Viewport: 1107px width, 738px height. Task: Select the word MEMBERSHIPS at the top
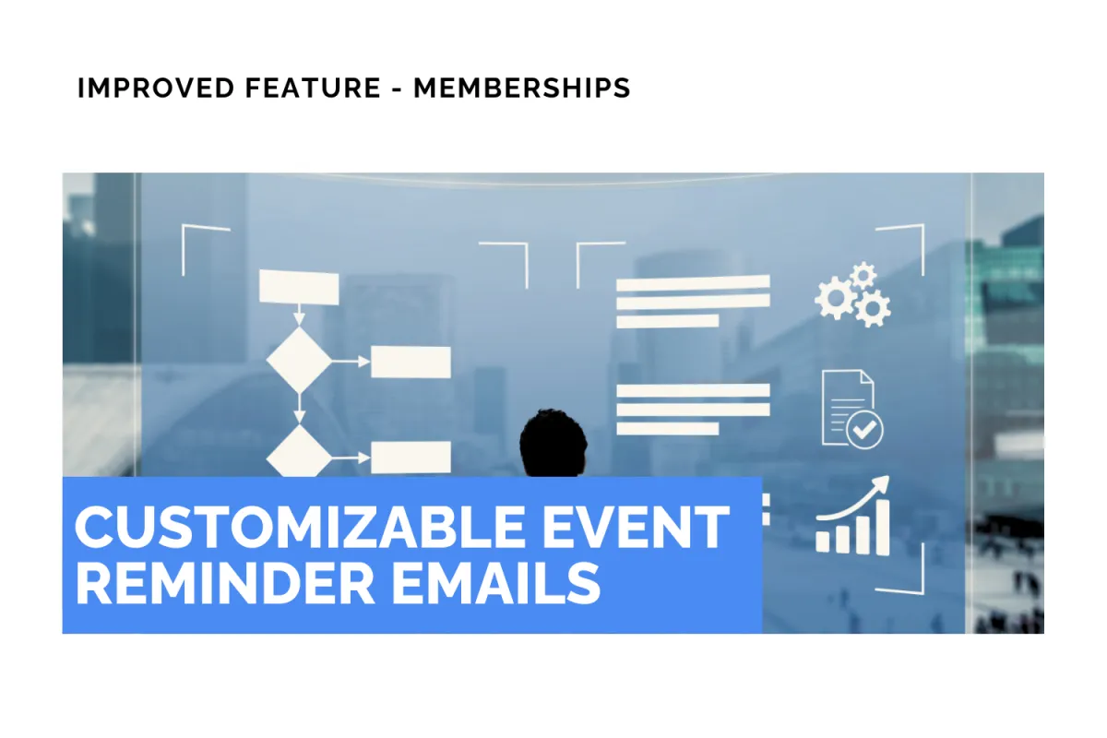coord(522,89)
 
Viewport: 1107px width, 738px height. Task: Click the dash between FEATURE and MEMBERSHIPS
coord(397,89)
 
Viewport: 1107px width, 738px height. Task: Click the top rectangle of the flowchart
coord(299,287)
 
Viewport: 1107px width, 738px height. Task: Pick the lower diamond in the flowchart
coord(299,453)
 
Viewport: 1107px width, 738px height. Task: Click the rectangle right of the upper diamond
coord(411,362)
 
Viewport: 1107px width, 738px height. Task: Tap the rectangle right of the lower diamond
coord(411,457)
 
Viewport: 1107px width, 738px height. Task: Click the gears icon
coord(852,294)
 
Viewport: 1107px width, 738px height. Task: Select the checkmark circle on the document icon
coord(865,429)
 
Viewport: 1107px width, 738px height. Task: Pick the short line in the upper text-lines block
coord(667,321)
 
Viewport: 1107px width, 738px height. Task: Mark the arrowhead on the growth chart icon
coord(881,484)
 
